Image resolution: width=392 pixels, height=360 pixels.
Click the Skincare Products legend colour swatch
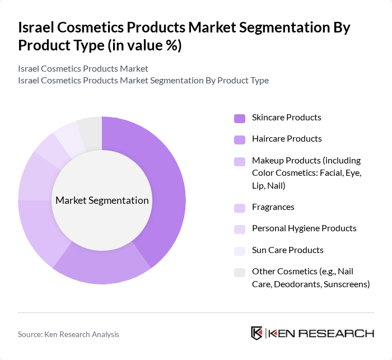(240, 118)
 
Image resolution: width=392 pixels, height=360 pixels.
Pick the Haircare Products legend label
(287, 139)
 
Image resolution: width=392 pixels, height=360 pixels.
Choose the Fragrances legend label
(273, 207)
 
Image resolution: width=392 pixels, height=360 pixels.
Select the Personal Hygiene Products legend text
(304, 228)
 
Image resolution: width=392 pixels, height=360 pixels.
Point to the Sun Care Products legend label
(288, 250)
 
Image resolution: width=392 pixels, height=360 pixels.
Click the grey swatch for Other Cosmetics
(240, 273)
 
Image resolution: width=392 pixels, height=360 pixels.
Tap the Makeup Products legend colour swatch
(240, 162)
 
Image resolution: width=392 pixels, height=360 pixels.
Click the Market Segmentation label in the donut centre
(102, 200)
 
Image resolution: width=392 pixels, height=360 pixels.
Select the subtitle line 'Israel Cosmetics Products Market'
(83, 68)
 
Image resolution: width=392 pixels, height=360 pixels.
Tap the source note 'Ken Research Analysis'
(83, 334)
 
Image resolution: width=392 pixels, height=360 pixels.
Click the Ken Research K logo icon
(257, 333)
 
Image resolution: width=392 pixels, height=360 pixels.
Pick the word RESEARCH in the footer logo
(342, 333)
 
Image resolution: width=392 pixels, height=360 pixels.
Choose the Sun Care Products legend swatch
(240, 251)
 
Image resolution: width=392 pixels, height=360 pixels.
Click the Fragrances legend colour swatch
(240, 208)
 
